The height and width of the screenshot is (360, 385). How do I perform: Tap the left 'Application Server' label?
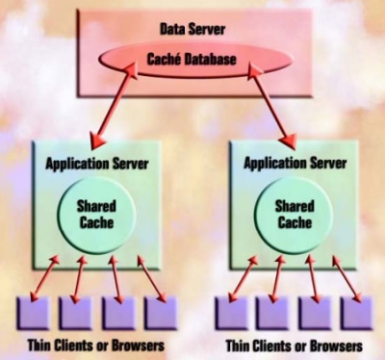point(97,161)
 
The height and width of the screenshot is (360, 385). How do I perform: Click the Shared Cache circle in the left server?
point(97,214)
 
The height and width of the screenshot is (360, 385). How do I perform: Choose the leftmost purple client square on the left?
point(35,313)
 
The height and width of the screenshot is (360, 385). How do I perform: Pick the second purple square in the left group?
point(77,313)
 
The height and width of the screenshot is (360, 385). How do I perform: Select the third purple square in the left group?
point(118,313)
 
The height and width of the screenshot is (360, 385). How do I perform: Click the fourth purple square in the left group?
point(160,313)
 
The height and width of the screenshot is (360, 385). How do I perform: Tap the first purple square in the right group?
point(232,313)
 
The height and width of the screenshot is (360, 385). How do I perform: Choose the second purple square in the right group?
point(273,313)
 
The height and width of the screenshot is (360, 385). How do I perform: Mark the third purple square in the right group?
point(315,313)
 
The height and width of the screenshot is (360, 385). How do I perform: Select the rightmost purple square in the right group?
point(356,313)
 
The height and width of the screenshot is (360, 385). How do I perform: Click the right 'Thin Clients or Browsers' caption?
point(294,344)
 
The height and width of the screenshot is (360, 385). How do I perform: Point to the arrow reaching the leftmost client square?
point(44,277)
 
